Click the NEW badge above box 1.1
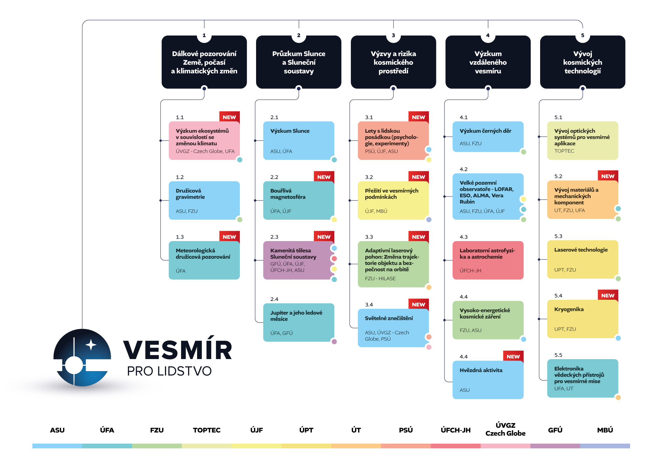coord(229,117)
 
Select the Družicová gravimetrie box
coord(204,200)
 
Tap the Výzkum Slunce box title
coord(290,131)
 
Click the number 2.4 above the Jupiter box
coord(274,299)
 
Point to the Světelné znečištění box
coord(393,328)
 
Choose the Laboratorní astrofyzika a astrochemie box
coord(488,260)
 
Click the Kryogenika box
coord(583,319)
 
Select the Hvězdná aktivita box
coord(488,380)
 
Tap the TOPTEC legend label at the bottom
coord(207,430)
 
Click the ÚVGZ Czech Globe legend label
coord(506,429)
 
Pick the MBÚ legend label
coord(605,430)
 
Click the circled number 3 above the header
coord(393,35)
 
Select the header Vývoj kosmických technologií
coord(583,62)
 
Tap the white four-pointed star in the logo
coord(91,345)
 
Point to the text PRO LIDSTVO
coord(169,371)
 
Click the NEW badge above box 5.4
coord(608,295)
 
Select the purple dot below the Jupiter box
coord(334,342)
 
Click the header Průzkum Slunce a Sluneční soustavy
coord(299,62)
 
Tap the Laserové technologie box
coord(583,259)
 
